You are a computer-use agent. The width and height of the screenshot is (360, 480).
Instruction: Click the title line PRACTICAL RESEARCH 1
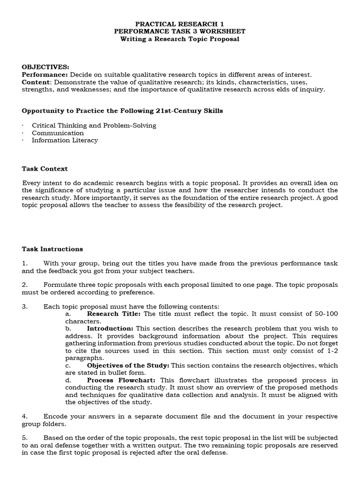(180, 23)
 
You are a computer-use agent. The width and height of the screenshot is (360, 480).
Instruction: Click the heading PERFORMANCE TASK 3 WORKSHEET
(180, 31)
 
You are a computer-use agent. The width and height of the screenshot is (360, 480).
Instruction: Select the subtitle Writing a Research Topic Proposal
(180, 39)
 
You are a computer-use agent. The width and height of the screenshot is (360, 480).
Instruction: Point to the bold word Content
(36, 82)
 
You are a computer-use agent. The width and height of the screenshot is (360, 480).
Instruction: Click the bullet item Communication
(58, 133)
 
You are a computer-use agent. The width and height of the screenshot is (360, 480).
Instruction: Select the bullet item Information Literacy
(65, 140)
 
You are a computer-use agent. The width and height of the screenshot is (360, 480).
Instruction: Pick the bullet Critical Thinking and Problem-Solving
(94, 126)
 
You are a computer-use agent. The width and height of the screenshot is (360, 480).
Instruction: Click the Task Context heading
(45, 169)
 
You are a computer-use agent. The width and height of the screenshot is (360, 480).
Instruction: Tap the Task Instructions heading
(52, 249)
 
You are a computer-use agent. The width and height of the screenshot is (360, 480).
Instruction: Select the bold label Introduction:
(110, 329)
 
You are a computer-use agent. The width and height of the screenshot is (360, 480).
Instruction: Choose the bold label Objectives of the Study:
(129, 365)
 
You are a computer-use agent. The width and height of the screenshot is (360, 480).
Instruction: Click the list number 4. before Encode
(25, 417)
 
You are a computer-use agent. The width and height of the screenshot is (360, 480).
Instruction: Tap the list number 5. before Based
(25, 438)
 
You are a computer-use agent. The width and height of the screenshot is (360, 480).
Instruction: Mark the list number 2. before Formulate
(25, 285)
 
